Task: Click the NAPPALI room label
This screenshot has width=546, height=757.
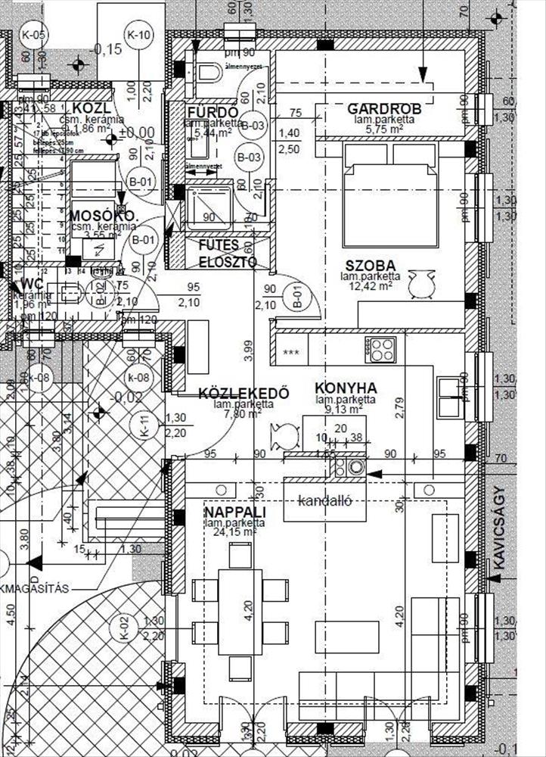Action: point(234,512)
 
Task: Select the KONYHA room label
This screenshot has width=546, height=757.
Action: point(346,388)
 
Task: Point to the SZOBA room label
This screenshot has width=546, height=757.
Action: point(371,266)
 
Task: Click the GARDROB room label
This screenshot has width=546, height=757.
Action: point(384,110)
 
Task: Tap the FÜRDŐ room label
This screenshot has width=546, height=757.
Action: point(213,114)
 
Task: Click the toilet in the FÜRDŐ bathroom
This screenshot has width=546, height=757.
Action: point(208,73)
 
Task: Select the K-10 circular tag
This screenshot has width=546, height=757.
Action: point(140,35)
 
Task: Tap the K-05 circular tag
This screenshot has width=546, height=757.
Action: point(34,35)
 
